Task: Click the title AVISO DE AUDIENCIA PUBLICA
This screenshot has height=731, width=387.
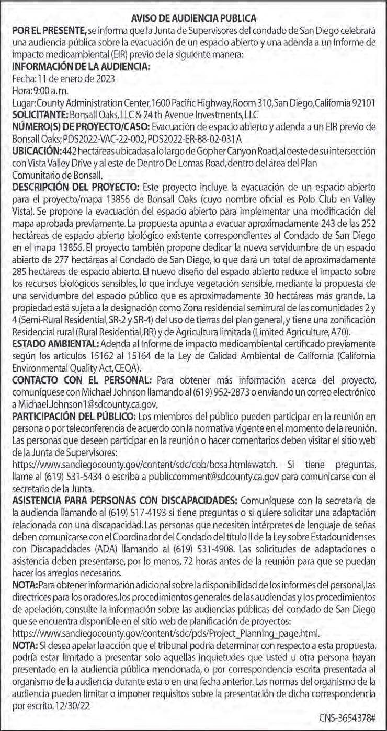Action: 193,19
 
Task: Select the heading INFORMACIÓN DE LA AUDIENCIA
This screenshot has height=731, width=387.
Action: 81,67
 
